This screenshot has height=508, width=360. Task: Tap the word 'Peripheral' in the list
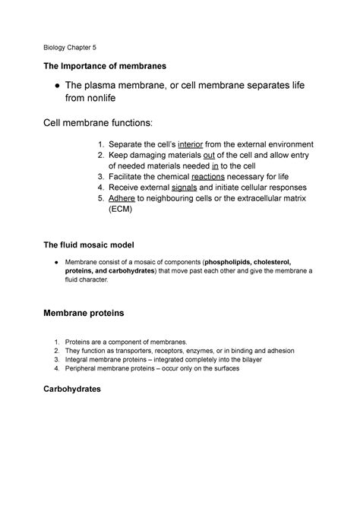86,368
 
